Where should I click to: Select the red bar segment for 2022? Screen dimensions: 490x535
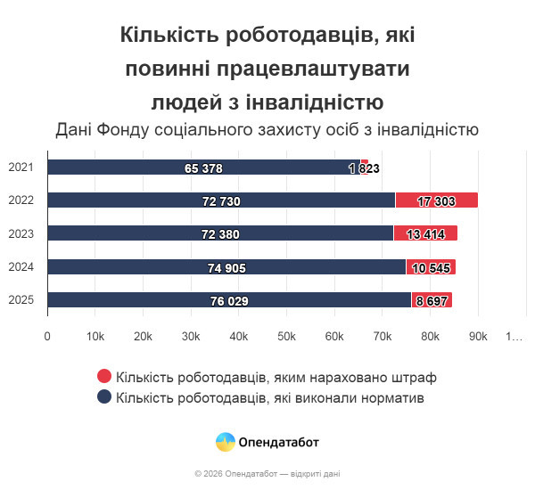tap(436, 200)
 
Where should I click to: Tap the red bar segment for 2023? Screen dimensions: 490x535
tap(425, 233)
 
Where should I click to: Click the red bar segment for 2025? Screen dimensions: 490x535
tap(432, 300)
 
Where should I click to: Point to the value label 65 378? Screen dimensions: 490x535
tap(203, 168)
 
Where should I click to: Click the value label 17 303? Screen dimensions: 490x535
tap(436, 201)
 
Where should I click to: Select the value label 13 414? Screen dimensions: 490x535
tap(425, 234)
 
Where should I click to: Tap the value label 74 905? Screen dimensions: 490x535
tap(226, 267)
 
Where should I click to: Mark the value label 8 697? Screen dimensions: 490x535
tap(432, 301)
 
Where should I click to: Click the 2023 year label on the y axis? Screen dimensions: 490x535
tap(21, 233)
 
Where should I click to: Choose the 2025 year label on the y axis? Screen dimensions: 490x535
tap(21, 300)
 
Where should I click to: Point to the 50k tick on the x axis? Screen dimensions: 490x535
tap(286, 337)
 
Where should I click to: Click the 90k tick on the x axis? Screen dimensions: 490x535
tap(478, 337)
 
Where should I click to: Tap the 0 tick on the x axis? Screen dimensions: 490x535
tap(47, 337)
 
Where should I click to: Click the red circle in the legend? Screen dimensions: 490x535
tap(104, 378)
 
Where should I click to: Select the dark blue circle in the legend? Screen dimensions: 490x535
tap(104, 397)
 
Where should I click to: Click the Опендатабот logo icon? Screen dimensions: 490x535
tap(226, 442)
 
